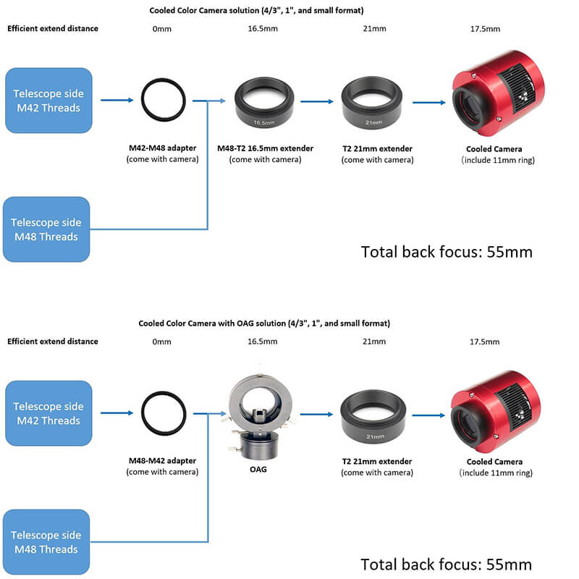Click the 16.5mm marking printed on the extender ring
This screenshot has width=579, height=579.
tap(265, 123)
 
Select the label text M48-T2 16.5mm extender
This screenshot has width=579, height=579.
tap(265, 148)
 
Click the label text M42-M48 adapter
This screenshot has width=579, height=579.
tap(162, 148)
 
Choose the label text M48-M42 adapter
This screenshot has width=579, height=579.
tap(162, 461)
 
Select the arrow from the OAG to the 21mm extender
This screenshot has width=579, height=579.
tap(318, 415)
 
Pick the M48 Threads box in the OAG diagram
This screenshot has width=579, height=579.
tap(46, 541)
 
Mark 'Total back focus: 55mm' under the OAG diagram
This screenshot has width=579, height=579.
tap(447, 565)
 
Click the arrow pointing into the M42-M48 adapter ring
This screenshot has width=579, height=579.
tap(117, 101)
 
